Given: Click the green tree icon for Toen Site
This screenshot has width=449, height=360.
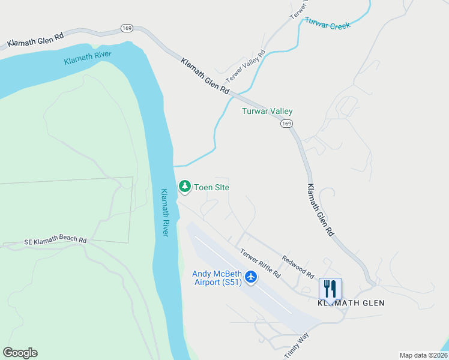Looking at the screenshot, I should coord(185,187).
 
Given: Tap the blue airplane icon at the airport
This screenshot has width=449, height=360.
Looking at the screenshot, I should coord(251,277).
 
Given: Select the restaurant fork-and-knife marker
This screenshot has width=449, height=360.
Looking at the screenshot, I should coord(330,289).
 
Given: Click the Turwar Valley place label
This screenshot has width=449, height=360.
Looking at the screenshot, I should coord(267,111).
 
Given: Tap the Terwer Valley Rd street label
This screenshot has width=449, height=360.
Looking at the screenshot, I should coord(245,67).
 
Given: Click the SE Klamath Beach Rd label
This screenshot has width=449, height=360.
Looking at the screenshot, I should coord(55,240).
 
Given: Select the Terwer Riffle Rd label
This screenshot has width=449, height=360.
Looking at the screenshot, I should coord(260,263).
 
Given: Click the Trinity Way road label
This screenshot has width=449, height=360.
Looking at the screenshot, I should coord(296,346).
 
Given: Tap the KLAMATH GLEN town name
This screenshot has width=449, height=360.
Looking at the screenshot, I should coord(351,303).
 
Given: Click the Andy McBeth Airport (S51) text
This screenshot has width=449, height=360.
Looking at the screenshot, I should coord(217,278).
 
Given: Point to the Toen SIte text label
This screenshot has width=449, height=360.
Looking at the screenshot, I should coord(211,187).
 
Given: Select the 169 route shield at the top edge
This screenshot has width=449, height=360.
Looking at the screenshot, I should coord(126,28).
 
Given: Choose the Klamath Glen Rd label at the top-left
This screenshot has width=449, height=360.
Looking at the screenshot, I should coord(35,40).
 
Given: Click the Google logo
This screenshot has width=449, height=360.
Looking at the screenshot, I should coord(20,353).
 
